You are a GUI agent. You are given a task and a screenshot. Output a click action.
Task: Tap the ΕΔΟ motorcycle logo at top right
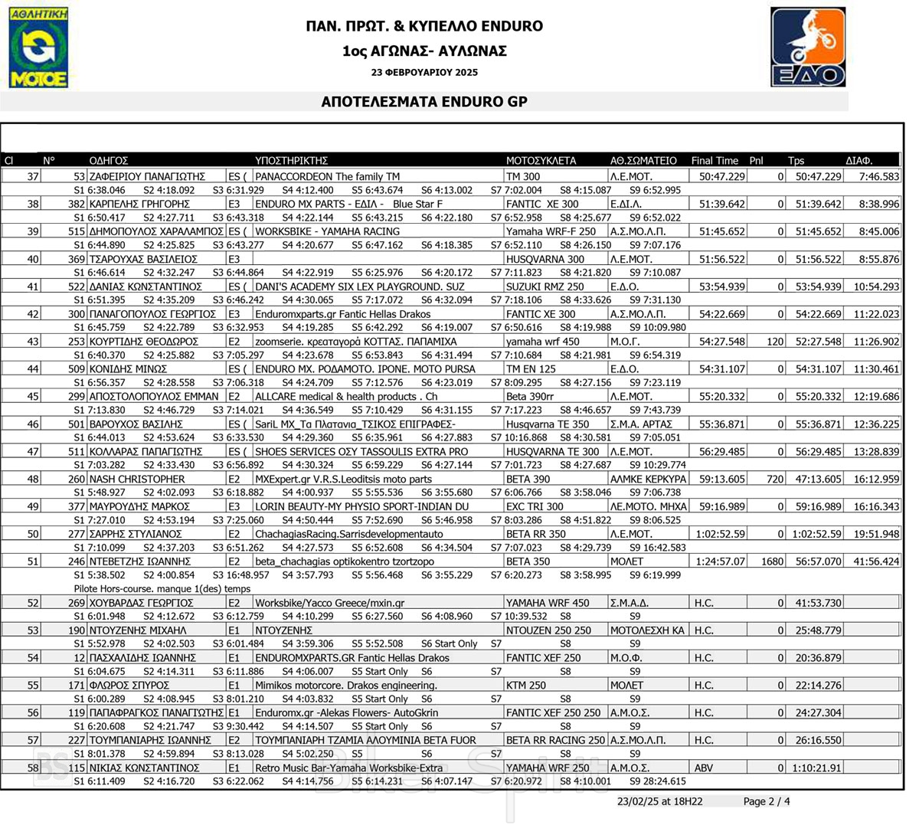(x=808, y=47)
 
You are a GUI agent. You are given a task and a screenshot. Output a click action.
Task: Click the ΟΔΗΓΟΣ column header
(x=108, y=161)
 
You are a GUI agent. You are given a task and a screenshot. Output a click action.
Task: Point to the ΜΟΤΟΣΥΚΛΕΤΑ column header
(x=541, y=161)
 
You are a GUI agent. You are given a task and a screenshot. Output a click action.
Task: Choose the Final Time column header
(x=715, y=161)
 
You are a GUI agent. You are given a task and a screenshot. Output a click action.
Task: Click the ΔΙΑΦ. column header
(x=859, y=161)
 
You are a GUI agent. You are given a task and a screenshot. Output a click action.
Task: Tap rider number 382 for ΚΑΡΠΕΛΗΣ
(x=76, y=205)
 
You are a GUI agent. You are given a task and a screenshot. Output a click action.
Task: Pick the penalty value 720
(x=775, y=480)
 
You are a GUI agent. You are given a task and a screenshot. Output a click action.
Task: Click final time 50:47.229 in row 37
(x=722, y=177)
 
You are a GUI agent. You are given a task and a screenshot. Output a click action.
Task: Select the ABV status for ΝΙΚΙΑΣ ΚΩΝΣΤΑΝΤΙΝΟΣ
(x=703, y=768)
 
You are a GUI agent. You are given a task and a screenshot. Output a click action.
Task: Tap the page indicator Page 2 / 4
(x=767, y=801)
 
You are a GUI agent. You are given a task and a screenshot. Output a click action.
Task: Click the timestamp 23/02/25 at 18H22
(x=660, y=801)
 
